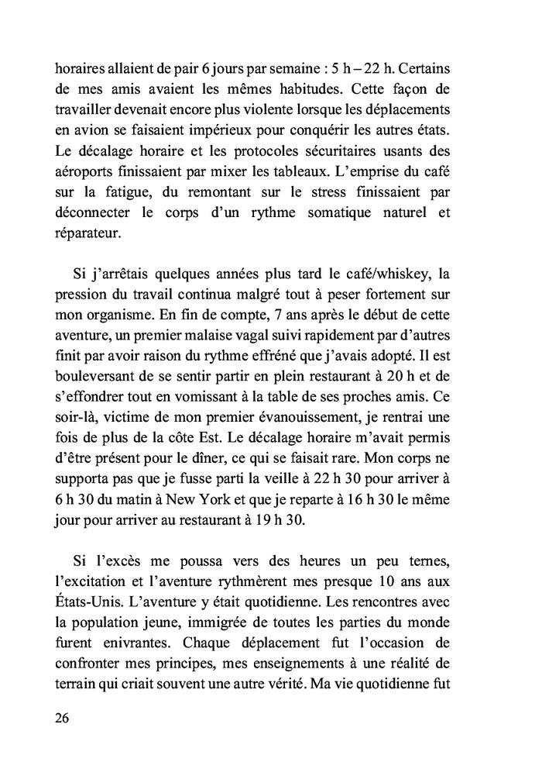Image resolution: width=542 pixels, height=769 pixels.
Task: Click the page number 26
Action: point(62,717)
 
